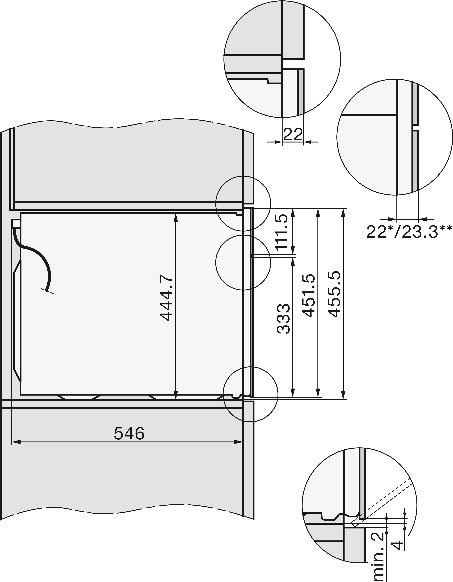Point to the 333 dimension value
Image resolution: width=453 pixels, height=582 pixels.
(283, 319)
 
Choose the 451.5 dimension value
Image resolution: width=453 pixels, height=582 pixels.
(309, 296)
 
